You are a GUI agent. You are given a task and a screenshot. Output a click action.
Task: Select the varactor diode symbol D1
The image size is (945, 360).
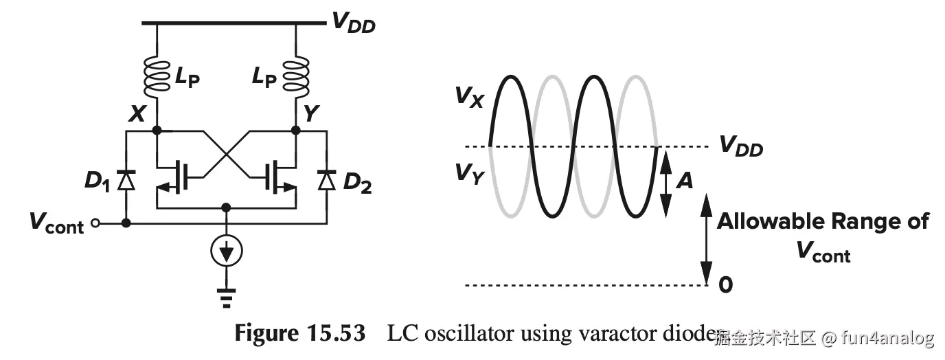pyautogui.click(x=126, y=180)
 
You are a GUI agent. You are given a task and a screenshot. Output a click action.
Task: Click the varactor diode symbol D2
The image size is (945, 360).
pyautogui.click(x=327, y=180)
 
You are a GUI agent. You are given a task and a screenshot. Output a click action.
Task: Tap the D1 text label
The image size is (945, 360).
pyautogui.click(x=98, y=181)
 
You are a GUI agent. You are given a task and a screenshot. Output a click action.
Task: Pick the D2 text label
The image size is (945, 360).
pyautogui.click(x=357, y=183)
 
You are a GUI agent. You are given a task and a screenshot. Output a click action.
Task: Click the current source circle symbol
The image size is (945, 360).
pyautogui.click(x=227, y=254)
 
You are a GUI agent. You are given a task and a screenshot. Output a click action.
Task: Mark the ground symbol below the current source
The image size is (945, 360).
pyautogui.click(x=227, y=294)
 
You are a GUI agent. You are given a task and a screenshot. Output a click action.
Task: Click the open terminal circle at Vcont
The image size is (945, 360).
pyautogui.click(x=97, y=223)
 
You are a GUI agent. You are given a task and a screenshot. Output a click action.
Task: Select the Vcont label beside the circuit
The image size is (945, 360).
pyautogui.click(x=56, y=223)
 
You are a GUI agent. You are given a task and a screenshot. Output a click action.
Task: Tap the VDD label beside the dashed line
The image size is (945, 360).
pyautogui.click(x=740, y=146)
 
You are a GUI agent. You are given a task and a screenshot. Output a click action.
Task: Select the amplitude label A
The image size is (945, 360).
pyautogui.click(x=684, y=181)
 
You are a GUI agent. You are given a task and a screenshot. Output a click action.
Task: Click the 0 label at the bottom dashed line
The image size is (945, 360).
pyautogui.click(x=725, y=284)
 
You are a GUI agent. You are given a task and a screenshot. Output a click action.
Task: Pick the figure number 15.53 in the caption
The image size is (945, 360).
pyautogui.click(x=334, y=334)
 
